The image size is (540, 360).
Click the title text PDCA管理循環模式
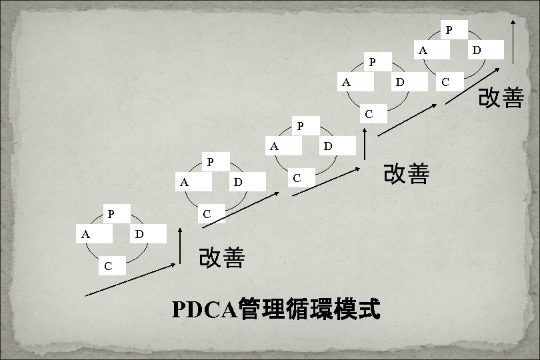[x=276, y=309]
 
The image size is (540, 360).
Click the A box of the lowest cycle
[x=90, y=234]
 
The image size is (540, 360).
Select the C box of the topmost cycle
[x=449, y=82]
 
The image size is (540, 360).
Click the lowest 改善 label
[x=222, y=258]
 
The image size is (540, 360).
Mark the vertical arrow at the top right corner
[x=513, y=41]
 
